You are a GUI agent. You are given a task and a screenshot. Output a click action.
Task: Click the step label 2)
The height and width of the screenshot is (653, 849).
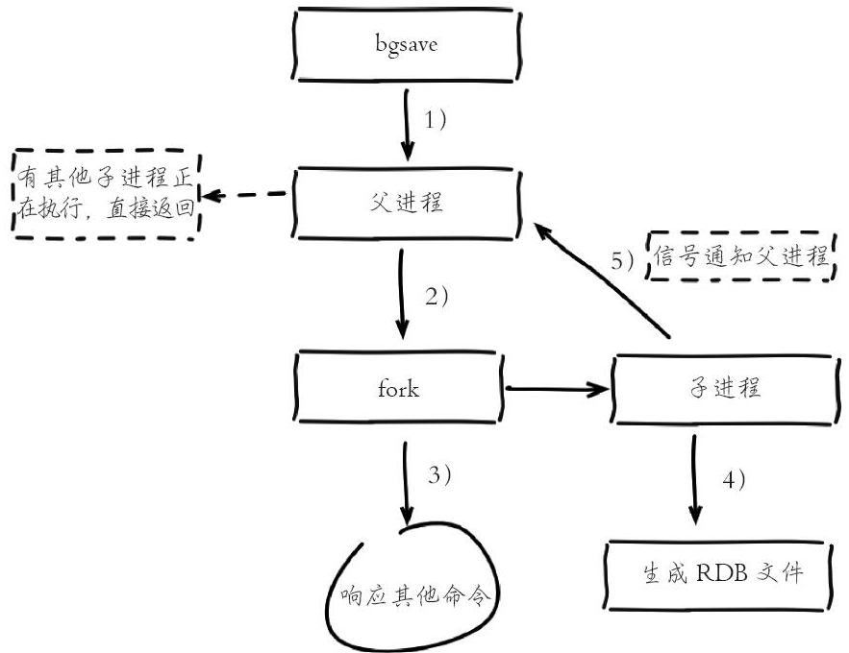tap(437, 296)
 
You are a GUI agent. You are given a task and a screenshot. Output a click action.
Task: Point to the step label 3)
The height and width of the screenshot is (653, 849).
tap(437, 474)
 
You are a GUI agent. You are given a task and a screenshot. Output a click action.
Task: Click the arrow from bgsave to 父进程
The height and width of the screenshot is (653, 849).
tap(407, 124)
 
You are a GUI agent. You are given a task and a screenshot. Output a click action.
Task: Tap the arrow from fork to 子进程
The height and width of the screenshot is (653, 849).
tap(558, 389)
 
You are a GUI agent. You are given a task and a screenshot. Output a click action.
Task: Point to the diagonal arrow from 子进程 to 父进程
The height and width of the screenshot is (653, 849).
tap(602, 278)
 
